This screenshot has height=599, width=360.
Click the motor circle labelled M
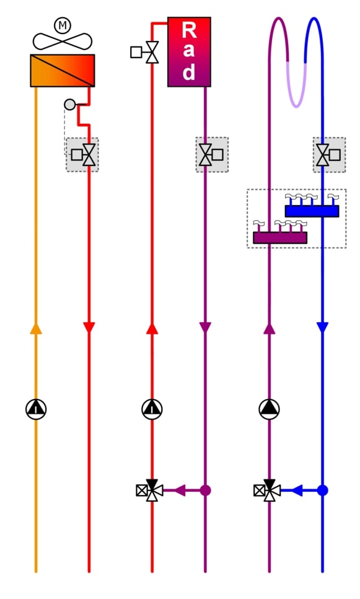coord(63,25)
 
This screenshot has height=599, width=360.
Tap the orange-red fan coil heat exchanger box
coord(63,70)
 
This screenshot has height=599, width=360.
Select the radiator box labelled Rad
coord(189,52)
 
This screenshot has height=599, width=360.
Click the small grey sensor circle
coord(69,104)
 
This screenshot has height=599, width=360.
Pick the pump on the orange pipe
coord(36,409)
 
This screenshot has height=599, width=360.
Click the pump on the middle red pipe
coord(152,409)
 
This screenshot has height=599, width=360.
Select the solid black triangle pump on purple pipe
coord(269,409)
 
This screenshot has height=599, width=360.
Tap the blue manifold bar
coord(312,211)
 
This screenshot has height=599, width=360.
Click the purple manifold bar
coord(280,238)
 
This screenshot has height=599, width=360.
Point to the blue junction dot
coord(323,490)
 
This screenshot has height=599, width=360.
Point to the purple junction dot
coord(205,490)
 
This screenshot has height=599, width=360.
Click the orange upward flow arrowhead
coord(36,328)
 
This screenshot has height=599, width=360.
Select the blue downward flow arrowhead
coord(323,328)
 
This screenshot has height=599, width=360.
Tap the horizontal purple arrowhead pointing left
coord(180,490)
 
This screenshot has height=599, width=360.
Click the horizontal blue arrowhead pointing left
coord(297,490)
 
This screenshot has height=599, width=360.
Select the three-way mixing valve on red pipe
coord(150,490)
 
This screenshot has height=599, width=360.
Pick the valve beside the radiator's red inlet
coord(145,52)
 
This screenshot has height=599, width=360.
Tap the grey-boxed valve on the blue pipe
coord(328,155)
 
